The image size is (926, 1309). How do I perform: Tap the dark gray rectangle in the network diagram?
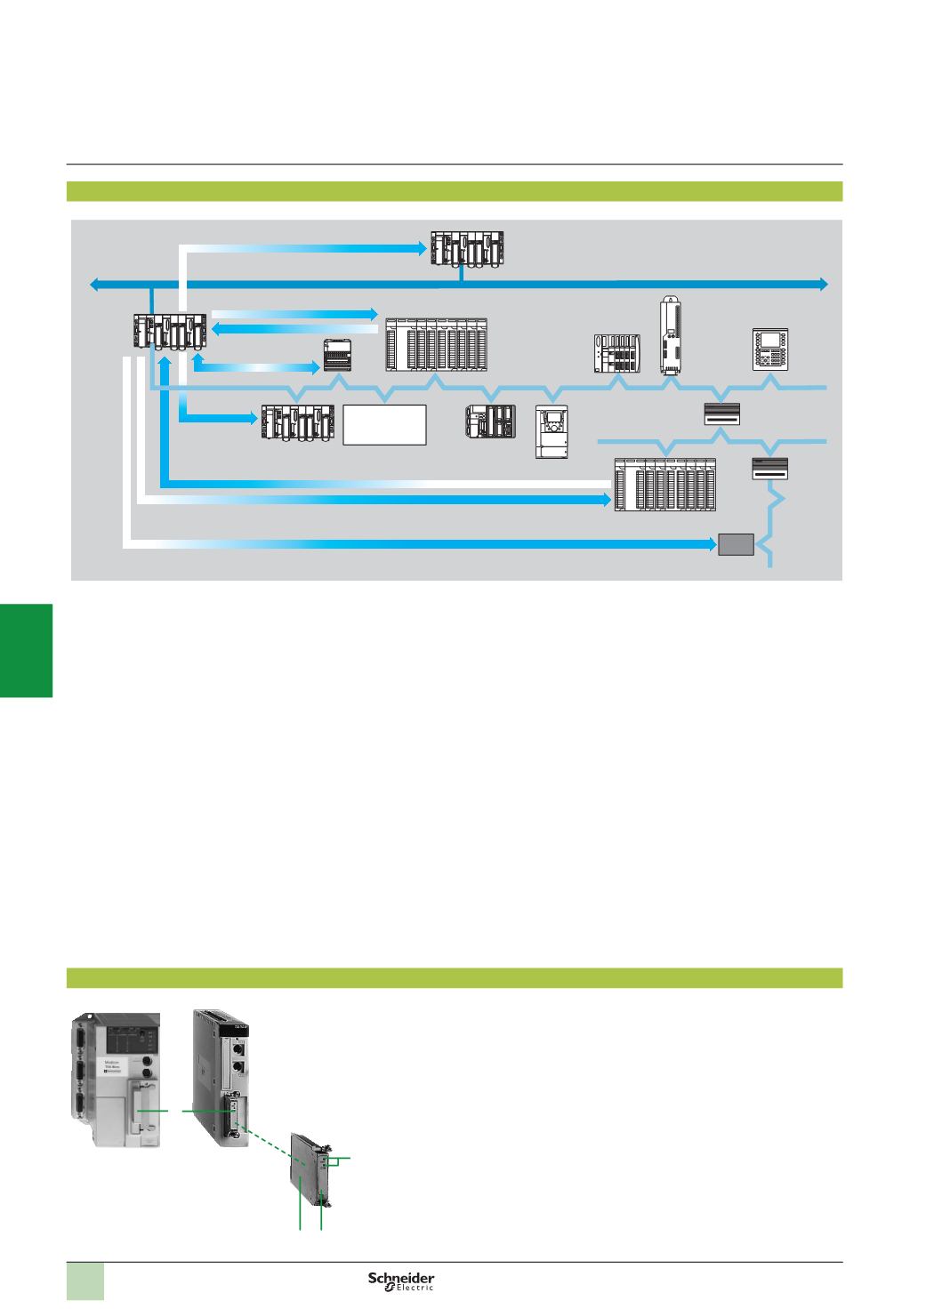(x=736, y=543)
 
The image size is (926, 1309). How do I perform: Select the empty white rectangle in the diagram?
(x=385, y=424)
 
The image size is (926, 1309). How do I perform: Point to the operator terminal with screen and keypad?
(x=770, y=349)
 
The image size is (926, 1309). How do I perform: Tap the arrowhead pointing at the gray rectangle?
(x=710, y=542)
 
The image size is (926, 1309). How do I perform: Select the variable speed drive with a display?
(x=552, y=432)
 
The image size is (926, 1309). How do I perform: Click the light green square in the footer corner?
(x=86, y=1281)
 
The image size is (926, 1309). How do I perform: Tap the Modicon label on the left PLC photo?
(x=119, y=1064)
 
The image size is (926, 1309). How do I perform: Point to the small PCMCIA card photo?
(x=312, y=1176)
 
